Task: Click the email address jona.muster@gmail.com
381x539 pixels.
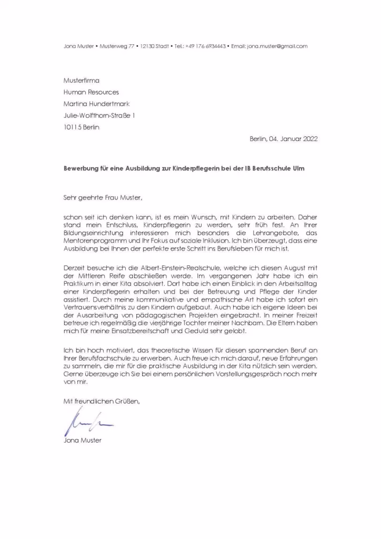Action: tap(277, 46)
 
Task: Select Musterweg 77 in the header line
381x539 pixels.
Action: tap(117, 46)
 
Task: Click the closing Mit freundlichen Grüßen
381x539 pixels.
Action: tap(102, 402)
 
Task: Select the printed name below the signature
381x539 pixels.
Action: tap(82, 440)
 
